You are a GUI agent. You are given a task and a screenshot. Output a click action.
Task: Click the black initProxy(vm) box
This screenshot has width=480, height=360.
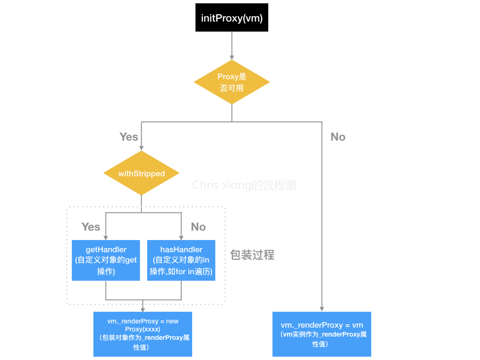232,18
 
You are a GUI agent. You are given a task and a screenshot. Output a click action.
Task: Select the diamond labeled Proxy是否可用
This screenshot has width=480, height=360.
232,82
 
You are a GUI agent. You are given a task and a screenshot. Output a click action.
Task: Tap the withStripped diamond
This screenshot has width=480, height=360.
141,173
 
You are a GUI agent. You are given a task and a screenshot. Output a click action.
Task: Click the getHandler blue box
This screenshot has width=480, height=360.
105,260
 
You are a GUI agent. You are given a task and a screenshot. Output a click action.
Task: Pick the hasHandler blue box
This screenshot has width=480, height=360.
181,260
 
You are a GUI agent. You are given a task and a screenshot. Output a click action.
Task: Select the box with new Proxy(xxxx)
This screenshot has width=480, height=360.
142,334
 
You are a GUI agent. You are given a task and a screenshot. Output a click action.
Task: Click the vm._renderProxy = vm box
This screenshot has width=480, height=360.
322,334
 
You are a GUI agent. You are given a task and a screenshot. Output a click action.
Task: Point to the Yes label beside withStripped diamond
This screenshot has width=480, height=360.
128,137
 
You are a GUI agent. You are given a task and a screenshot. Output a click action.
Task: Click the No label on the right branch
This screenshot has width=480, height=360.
337,137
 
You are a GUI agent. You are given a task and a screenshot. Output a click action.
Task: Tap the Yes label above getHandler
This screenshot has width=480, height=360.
90,227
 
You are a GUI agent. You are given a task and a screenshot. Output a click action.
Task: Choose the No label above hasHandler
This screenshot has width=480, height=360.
198,227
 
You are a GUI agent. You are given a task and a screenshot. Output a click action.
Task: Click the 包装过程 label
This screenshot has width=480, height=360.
252,255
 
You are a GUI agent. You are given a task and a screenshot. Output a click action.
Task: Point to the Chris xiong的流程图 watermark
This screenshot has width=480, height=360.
244,185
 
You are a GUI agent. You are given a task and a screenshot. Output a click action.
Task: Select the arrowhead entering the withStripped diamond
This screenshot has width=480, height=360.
141,148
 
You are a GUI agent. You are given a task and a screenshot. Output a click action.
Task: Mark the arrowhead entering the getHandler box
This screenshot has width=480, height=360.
105,237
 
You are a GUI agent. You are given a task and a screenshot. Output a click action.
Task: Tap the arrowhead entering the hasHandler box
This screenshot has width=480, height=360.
181,237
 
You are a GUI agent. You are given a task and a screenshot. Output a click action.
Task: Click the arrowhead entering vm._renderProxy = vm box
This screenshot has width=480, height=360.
322,309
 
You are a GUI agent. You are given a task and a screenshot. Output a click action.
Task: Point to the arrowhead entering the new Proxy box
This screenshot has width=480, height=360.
142,309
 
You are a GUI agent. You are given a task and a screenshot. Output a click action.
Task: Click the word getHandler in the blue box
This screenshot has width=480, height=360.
105,249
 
